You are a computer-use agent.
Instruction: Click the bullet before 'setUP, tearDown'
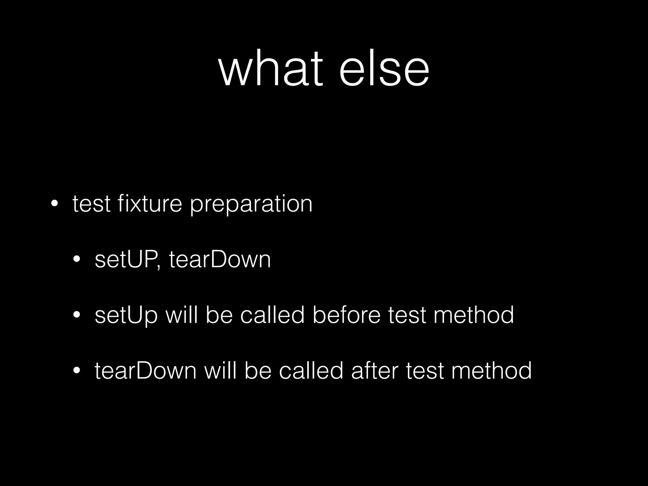77,259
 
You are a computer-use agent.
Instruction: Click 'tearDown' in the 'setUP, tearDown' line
220,259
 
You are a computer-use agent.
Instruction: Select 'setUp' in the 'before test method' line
126,315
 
